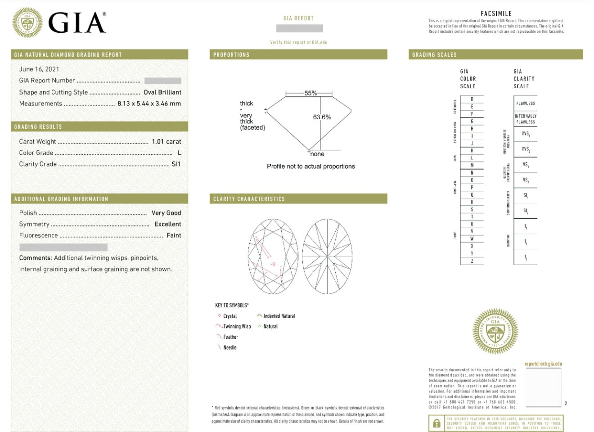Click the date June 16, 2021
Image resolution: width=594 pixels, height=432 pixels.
click(x=39, y=69)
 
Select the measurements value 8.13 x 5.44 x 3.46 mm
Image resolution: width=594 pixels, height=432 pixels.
click(x=149, y=103)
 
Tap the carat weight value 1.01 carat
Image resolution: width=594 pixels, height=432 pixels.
click(x=166, y=142)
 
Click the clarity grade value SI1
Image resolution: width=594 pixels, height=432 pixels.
click(x=176, y=164)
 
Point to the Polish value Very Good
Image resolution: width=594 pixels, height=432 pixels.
click(x=166, y=213)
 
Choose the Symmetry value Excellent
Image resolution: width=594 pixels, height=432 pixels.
click(x=167, y=224)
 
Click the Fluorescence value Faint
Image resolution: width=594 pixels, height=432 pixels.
click(x=174, y=235)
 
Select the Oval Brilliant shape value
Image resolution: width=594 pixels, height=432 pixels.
click(x=162, y=92)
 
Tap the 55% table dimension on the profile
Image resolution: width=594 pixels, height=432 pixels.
click(x=310, y=93)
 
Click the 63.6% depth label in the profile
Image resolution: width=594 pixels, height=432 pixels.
click(x=322, y=117)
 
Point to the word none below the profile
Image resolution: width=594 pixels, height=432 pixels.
click(x=317, y=154)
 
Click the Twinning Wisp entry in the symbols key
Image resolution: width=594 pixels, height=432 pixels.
click(x=237, y=327)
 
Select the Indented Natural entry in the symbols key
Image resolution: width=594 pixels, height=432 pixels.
click(x=279, y=316)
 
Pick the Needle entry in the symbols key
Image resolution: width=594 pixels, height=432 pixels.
click(x=229, y=347)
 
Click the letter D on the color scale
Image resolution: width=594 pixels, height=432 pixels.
click(x=472, y=99)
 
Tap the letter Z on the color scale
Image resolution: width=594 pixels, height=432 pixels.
click(x=472, y=261)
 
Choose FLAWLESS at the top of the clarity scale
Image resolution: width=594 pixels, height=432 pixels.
click(x=526, y=103)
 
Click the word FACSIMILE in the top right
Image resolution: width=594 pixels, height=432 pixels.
click(x=496, y=13)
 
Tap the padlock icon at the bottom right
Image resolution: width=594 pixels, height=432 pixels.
click(x=436, y=423)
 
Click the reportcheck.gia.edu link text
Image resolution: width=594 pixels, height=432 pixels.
click(x=543, y=364)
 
